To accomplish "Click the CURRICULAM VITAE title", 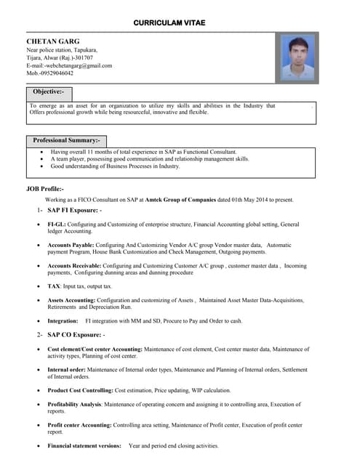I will (x=169, y=23).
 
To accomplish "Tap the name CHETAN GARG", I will (x=53, y=41).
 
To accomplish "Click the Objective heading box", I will (x=49, y=92).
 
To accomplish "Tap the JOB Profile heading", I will (x=44, y=189).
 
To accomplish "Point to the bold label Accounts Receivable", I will (x=74, y=266).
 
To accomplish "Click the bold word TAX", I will (x=54, y=287).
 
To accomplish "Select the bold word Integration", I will (x=63, y=320).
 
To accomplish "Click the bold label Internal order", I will (x=66, y=370).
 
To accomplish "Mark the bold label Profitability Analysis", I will (x=74, y=404).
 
